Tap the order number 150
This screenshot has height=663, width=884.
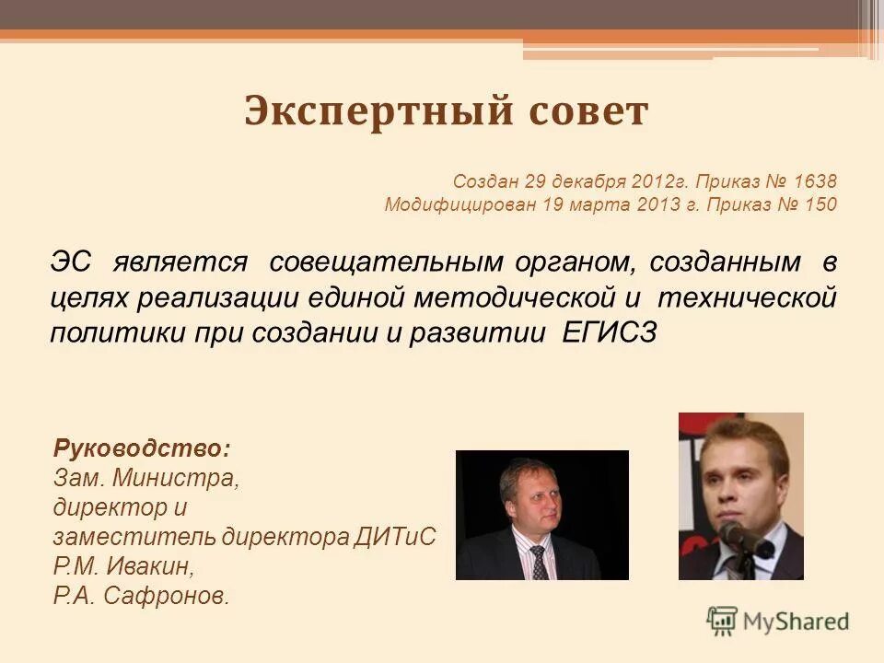(821, 204)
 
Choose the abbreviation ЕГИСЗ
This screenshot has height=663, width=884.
(609, 333)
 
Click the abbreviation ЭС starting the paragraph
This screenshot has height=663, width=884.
(71, 262)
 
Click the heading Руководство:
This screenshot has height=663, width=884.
(143, 449)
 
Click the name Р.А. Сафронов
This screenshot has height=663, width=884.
(141, 596)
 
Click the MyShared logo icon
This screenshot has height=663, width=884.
(722, 622)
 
